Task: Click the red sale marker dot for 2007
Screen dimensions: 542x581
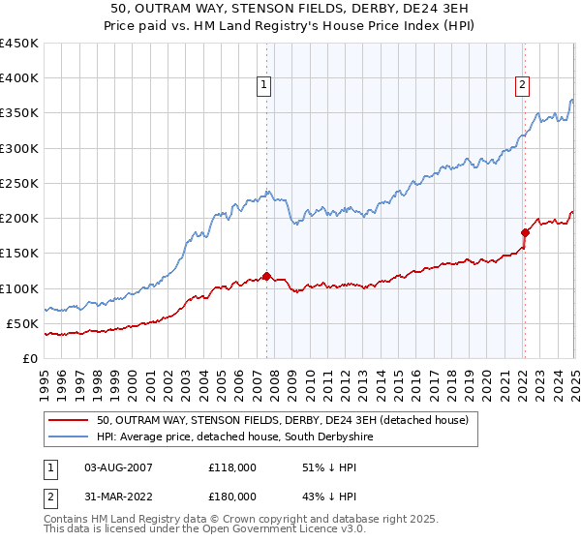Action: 266,276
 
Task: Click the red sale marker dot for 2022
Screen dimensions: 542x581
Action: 525,232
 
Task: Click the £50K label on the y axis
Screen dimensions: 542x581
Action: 22,323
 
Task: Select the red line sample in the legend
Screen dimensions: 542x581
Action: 70,420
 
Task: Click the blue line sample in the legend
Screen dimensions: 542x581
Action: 70,437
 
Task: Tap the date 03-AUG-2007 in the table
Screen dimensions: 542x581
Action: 119,467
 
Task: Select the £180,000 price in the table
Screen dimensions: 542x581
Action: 232,496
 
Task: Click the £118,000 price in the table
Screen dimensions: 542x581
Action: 232,467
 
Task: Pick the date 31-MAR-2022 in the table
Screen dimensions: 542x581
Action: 119,496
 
